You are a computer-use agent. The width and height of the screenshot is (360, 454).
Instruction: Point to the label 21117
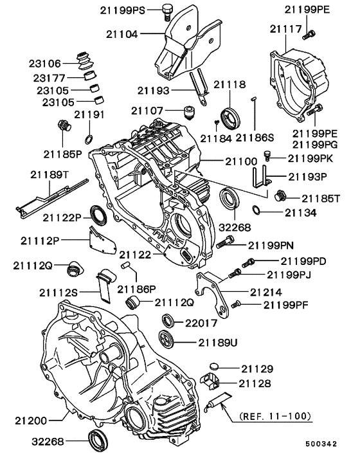click(x=285, y=29)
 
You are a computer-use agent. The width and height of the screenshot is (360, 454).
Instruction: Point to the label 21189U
click(x=218, y=342)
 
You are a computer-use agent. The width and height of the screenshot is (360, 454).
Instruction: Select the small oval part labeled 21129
click(x=215, y=368)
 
